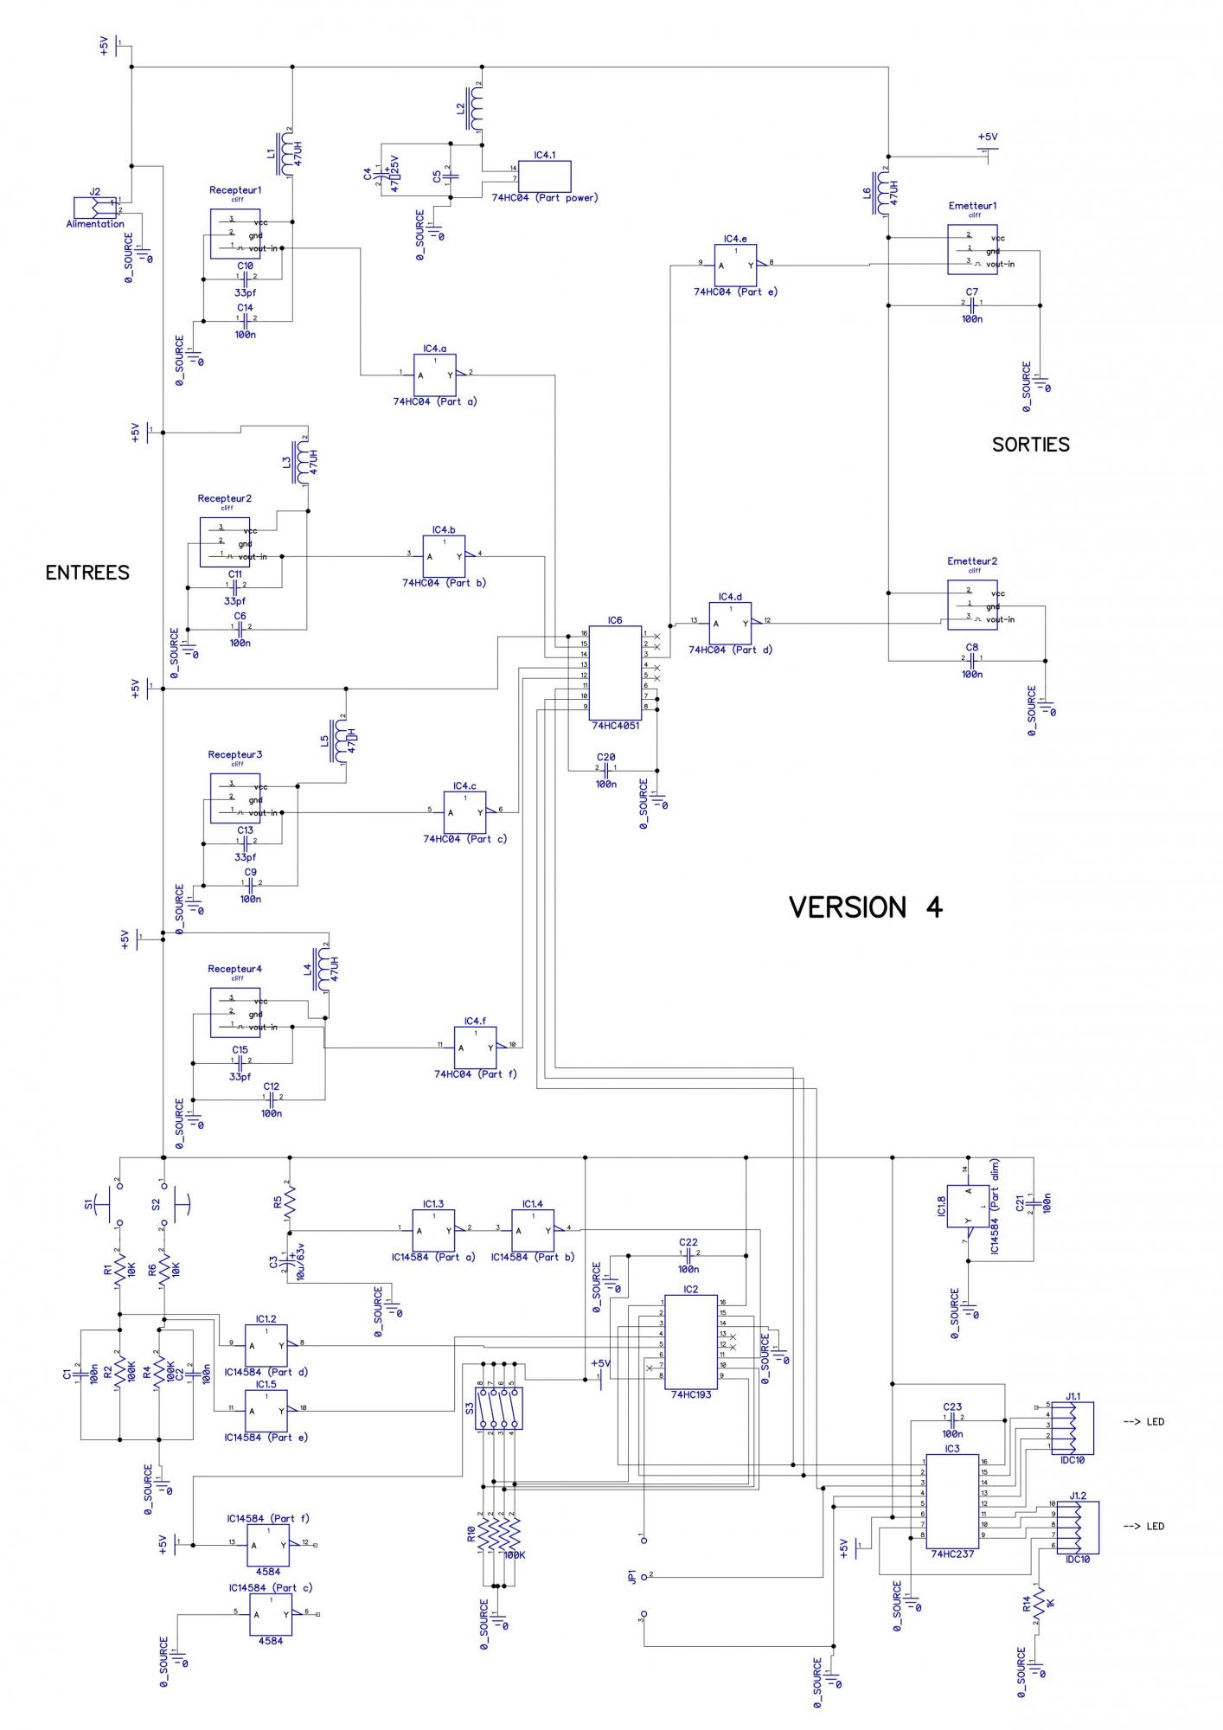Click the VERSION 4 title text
[866, 907]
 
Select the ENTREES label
[87, 573]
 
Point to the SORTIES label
[1030, 445]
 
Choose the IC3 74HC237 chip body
[952, 1501]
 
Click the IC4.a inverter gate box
[435, 375]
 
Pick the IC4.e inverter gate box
[735, 264]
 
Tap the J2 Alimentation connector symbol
[95, 207]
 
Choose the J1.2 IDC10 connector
[1078, 1528]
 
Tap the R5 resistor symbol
[289, 1200]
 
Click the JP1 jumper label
[632, 1578]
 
